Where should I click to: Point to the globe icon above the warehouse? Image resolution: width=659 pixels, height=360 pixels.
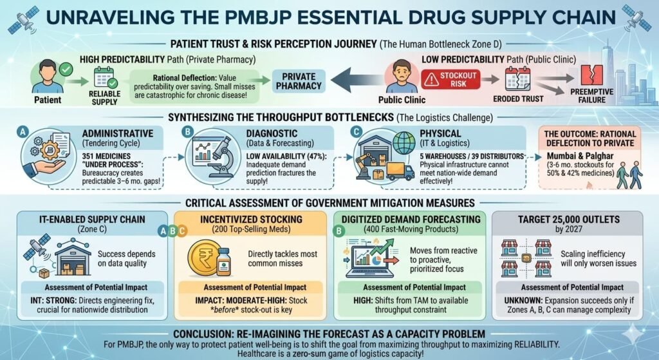coord(404,142)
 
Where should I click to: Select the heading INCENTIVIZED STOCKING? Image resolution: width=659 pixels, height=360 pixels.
coord(247,220)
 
